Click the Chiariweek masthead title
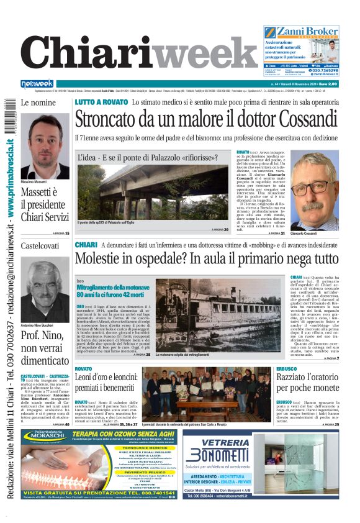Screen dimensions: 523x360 [x=137, y=55]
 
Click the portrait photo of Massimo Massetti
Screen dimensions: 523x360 [x=45, y=146]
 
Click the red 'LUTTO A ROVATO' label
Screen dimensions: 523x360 [x=101, y=102]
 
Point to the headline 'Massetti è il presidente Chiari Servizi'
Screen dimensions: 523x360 [x=45, y=204]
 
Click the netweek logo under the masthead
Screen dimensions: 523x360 [x=37, y=84]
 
